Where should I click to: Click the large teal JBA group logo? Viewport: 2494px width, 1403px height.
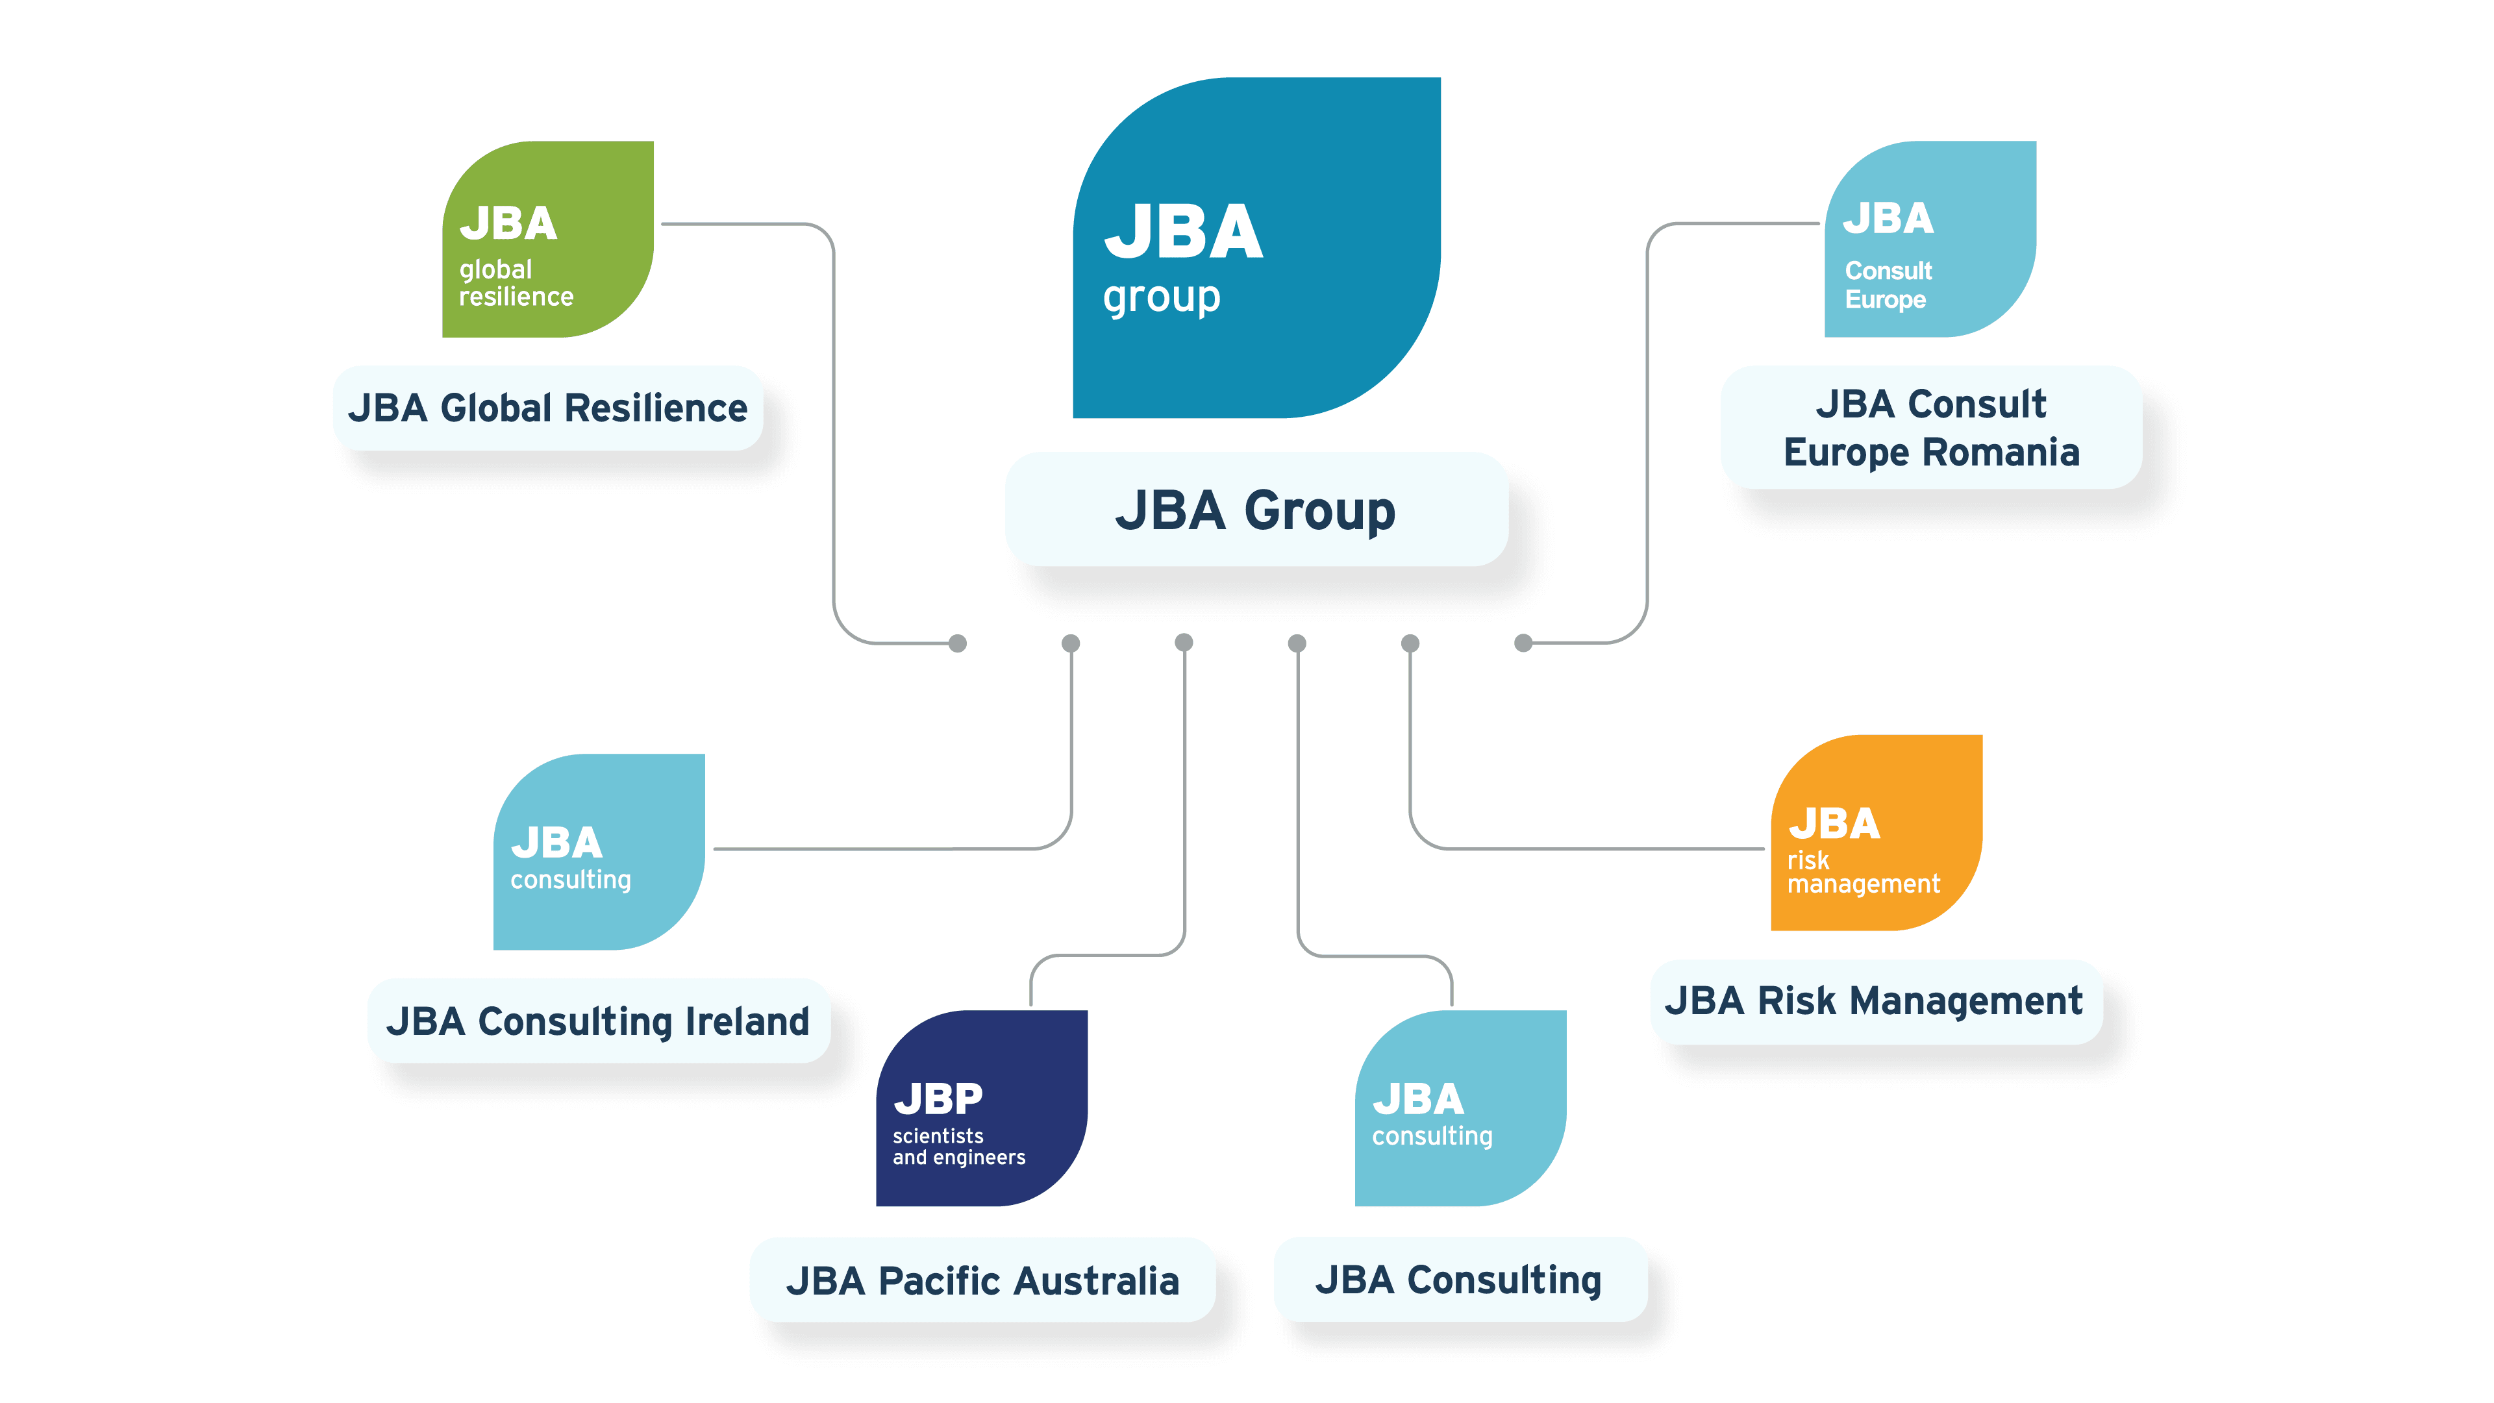[1256, 248]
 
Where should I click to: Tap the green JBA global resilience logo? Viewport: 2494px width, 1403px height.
[548, 239]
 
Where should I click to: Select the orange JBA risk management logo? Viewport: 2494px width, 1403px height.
[1877, 833]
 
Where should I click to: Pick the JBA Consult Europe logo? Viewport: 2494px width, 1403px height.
[1930, 239]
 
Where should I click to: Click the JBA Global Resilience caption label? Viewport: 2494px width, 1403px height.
[548, 408]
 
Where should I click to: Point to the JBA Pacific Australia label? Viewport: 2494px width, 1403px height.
[982, 1280]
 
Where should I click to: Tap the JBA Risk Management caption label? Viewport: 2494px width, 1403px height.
[1875, 1001]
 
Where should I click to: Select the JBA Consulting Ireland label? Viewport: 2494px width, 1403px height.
[598, 1021]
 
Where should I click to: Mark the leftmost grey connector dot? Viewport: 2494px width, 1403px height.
[958, 643]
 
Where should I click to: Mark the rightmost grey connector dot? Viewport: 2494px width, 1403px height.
[1523, 643]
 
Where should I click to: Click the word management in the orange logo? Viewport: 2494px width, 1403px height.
[1864, 884]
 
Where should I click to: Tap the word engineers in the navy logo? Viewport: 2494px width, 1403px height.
[980, 1158]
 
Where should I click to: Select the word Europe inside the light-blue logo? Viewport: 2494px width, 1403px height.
[1885, 299]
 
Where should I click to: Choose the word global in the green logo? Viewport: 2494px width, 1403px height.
[495, 270]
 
